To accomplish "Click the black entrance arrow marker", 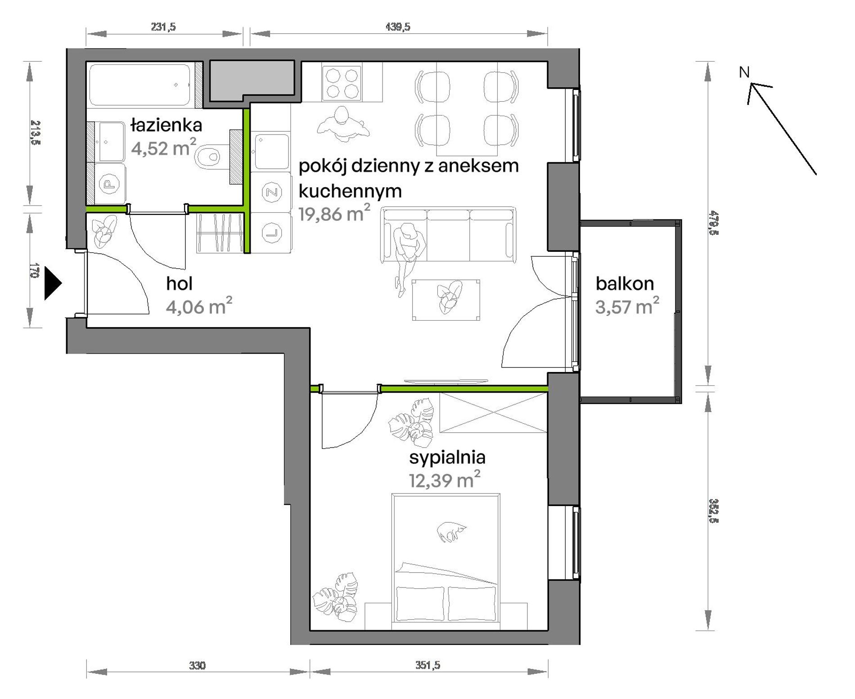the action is [x=52, y=284].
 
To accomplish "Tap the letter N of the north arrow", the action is [x=744, y=72].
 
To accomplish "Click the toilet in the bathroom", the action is [x=207, y=157].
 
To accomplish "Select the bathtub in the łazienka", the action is [x=140, y=85].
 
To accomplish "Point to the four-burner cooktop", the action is [x=342, y=83].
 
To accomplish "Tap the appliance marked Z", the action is [x=271, y=192].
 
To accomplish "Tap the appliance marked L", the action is [x=271, y=233].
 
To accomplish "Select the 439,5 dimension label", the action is [x=398, y=27].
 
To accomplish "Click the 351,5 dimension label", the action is [x=427, y=665].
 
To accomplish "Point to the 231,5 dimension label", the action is [x=163, y=27].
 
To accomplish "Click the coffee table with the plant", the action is [x=446, y=300].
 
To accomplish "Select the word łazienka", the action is [x=166, y=125].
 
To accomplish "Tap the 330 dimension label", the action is [x=197, y=665].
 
